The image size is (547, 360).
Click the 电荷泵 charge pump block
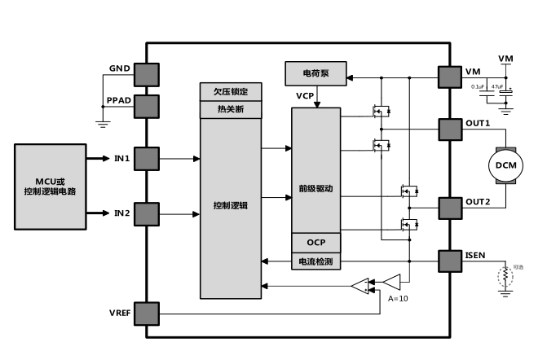pos(315,73)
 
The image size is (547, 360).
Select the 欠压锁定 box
pos(231,90)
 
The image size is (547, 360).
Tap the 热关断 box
pos(231,108)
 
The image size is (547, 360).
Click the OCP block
pos(316,243)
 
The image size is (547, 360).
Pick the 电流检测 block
pos(316,261)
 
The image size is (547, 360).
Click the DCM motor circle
pos(501,167)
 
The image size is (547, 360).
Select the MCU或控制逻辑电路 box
pos(49,184)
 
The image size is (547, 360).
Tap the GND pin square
pos(147,73)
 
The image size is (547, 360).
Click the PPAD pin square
pos(147,106)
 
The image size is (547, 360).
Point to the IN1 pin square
pos(147,158)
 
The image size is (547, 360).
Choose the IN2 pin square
pos(147,213)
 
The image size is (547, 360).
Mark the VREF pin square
pos(147,314)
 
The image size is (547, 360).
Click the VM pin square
pos(450,77)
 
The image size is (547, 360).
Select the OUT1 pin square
pos(450,130)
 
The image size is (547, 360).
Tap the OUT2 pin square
pos(450,208)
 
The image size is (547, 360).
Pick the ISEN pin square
pos(450,261)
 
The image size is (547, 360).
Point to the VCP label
pos(305,96)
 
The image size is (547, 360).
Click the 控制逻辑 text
pos(231,204)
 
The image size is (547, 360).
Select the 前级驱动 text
pos(316,188)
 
